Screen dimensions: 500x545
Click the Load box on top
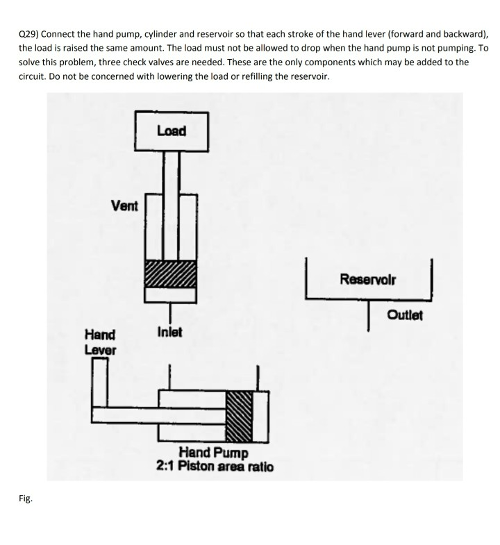[x=171, y=131]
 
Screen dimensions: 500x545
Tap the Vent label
[x=124, y=206]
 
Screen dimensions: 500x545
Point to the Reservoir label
[x=368, y=279]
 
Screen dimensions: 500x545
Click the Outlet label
[x=405, y=315]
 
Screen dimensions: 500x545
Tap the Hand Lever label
[x=100, y=342]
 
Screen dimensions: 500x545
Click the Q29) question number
[x=28, y=34]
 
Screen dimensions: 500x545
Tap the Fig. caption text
[x=26, y=498]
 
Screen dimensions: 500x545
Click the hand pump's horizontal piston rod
[x=160, y=415]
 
